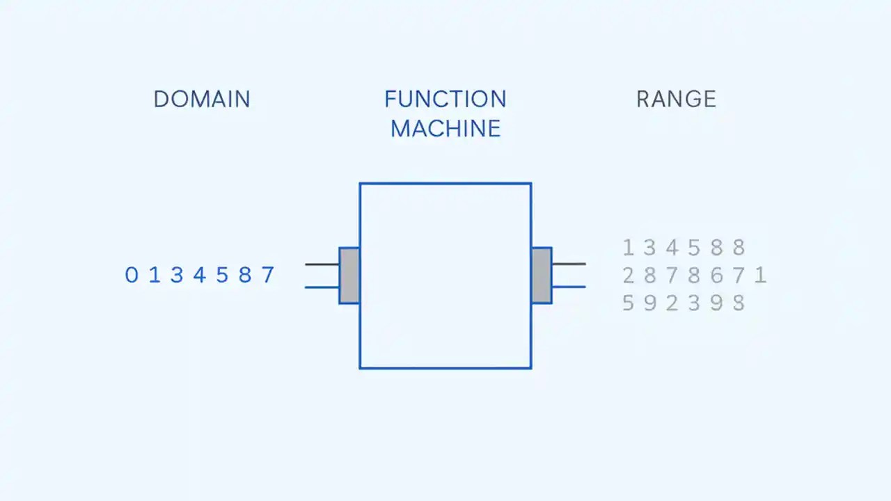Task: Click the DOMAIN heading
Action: (x=201, y=99)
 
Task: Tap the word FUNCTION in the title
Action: (x=445, y=99)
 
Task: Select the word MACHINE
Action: (x=445, y=129)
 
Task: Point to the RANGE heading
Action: (x=676, y=99)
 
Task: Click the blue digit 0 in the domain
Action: (x=132, y=276)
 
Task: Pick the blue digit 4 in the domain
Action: (x=200, y=276)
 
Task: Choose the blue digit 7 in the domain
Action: (x=268, y=276)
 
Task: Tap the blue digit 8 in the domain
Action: (x=245, y=276)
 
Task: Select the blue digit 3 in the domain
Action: (x=177, y=276)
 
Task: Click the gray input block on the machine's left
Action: (x=349, y=276)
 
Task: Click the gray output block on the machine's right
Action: (x=542, y=276)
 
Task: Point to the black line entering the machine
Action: (x=322, y=264)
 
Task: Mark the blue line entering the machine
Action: (x=322, y=287)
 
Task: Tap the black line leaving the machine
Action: (x=569, y=264)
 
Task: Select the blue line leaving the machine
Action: (x=569, y=287)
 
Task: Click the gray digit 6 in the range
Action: (x=716, y=276)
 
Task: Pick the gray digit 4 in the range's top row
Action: (x=672, y=248)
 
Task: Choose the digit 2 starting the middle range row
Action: (x=628, y=276)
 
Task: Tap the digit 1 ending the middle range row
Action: (x=760, y=276)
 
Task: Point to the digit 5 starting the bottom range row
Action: (x=628, y=303)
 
